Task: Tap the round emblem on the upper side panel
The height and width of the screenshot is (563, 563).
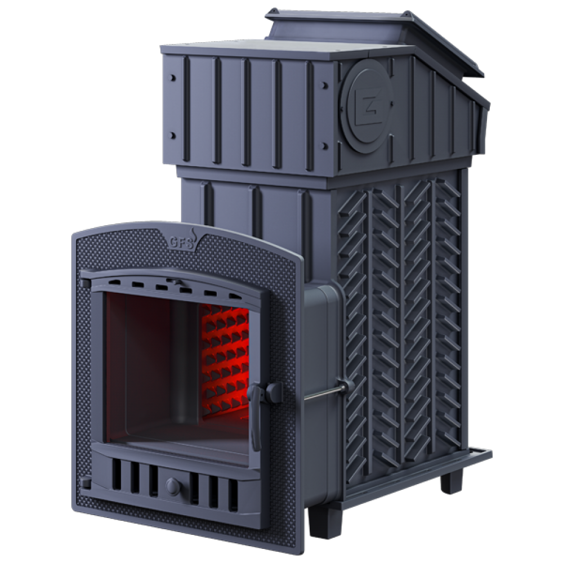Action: click(367, 106)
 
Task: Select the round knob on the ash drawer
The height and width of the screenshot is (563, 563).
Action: click(174, 486)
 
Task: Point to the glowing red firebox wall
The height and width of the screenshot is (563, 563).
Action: click(225, 359)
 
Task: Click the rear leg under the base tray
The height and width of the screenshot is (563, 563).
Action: click(451, 482)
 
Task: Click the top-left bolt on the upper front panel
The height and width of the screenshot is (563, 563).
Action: click(173, 78)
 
